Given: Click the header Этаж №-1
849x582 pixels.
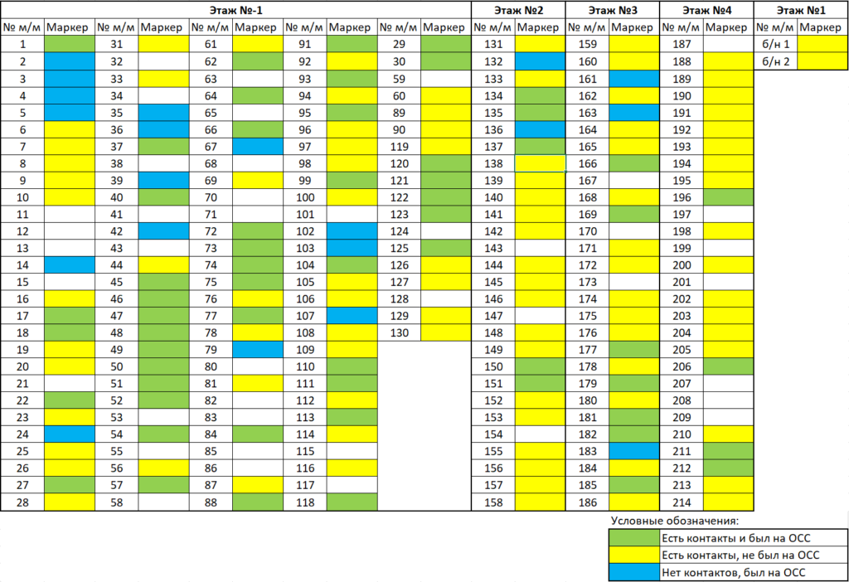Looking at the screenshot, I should [235, 10].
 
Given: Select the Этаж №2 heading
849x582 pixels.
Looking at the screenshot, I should [518, 10].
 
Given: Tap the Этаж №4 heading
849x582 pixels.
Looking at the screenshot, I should [706, 10].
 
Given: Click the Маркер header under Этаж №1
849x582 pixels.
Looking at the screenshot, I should [824, 27].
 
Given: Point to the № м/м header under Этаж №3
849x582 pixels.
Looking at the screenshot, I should [588, 27].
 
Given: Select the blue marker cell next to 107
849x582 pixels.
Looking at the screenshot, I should [352, 316].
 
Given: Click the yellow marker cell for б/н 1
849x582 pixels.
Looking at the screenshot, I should [824, 44].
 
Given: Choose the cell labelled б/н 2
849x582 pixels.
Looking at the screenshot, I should [777, 61].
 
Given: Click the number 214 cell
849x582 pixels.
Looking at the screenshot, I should [683, 502].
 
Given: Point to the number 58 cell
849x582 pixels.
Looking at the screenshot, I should [117, 502].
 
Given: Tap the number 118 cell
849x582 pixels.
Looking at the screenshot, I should [305, 502].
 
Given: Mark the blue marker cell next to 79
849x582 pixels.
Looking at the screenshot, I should [258, 350].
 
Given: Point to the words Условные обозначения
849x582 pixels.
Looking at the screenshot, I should [673, 521].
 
